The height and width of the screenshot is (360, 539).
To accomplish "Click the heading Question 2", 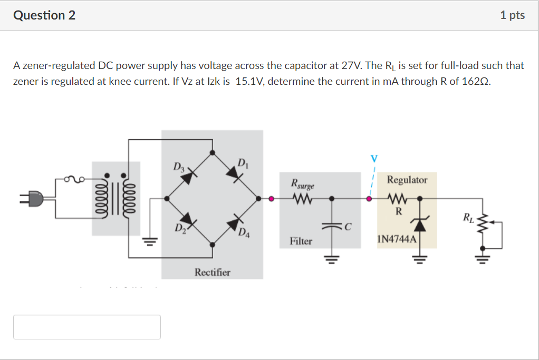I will point(44,15).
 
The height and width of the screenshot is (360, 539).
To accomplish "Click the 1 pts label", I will point(512,15).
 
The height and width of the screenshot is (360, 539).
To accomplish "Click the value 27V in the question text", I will point(350,66).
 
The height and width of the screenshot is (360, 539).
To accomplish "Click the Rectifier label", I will point(212,272).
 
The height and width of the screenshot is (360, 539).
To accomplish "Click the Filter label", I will point(301,241).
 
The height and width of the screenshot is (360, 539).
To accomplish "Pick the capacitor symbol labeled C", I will point(333,226).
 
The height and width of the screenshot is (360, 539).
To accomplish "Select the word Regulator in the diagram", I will point(407,180).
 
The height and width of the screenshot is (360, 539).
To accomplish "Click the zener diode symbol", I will point(420,225).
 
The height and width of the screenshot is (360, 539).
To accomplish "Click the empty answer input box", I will point(87,327).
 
